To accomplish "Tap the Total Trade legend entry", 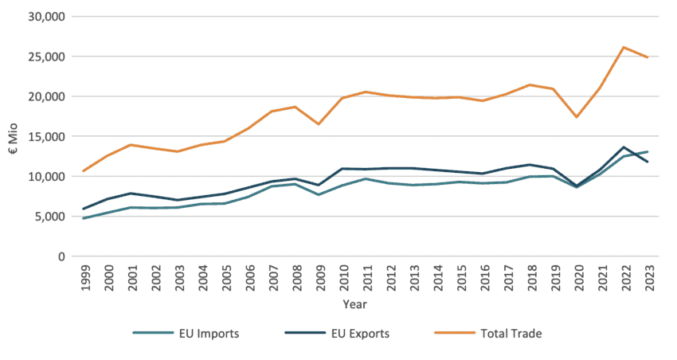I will point(487,334).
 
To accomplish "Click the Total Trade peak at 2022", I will point(624,47).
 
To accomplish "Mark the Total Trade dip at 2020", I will point(577,117).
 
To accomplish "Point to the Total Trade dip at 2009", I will point(319,124).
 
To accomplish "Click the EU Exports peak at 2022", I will point(624,147).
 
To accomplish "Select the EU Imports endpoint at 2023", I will point(648,151).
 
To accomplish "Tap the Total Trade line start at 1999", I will point(84,171).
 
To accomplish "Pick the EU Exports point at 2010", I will point(342,169).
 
